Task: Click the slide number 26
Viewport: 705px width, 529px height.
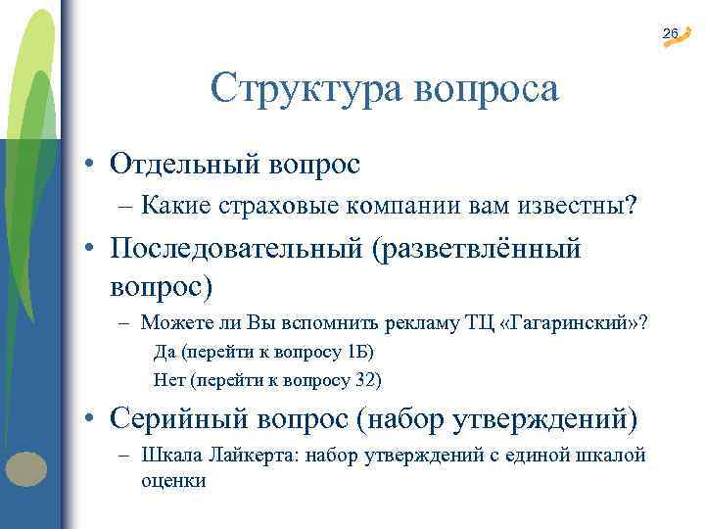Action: (670, 34)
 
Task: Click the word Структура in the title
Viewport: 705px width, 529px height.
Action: (297, 90)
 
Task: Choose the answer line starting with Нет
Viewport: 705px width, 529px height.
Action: (268, 378)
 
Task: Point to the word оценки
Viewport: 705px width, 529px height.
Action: (173, 481)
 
